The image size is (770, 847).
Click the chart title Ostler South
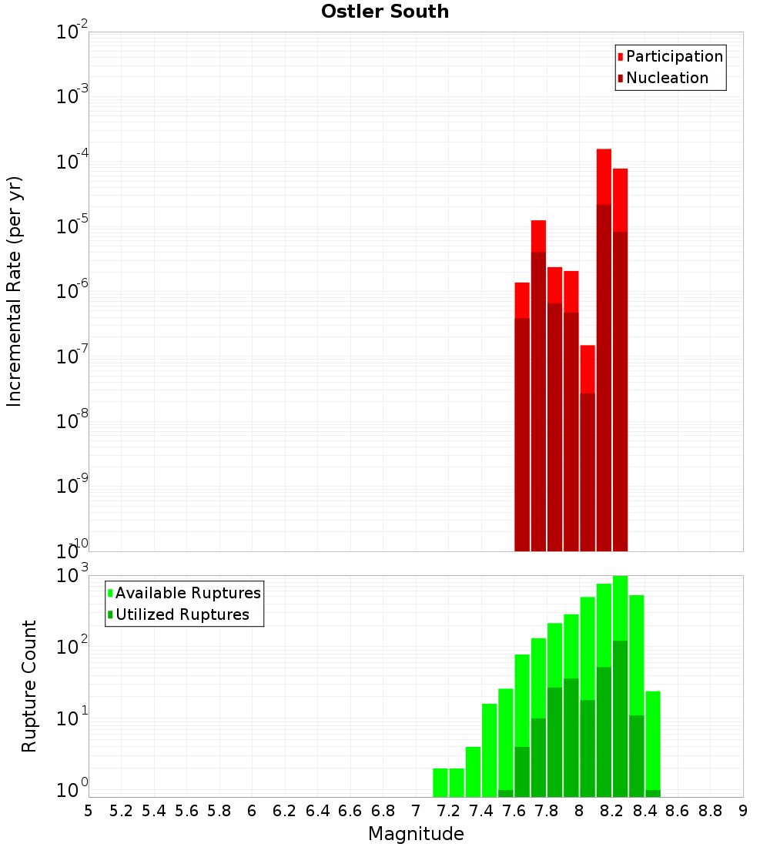pyautogui.click(x=385, y=12)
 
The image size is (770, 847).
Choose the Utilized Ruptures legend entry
pyautogui.click(x=182, y=614)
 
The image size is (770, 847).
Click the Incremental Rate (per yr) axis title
pyautogui.click(x=15, y=291)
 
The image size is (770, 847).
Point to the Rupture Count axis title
pyautogui.click(x=29, y=685)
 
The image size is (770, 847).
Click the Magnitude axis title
pyautogui.click(x=416, y=834)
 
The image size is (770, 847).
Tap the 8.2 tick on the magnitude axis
pyautogui.click(x=612, y=811)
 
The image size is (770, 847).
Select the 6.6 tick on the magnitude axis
pyautogui.click(x=350, y=811)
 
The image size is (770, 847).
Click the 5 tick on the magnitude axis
pyautogui.click(x=89, y=811)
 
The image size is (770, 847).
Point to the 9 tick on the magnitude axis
pyautogui.click(x=743, y=811)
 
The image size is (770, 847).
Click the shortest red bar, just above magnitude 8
pyautogui.click(x=588, y=370)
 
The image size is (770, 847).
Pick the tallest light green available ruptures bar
pyautogui.click(x=620, y=608)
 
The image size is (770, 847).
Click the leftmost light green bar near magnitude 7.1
pyautogui.click(x=440, y=782)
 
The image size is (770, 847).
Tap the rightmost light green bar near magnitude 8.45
pyautogui.click(x=653, y=739)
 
